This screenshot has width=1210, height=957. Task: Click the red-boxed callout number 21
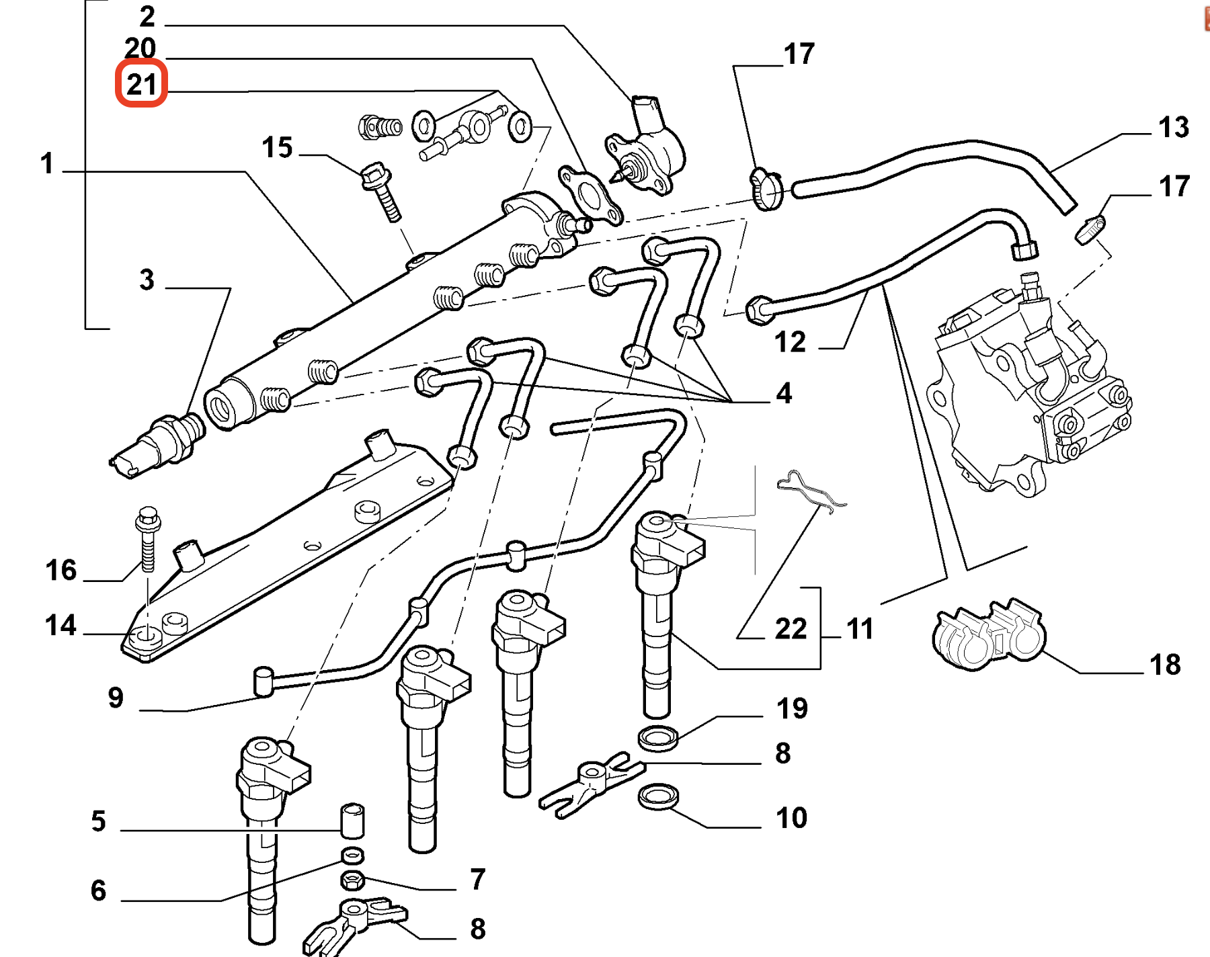click(x=141, y=85)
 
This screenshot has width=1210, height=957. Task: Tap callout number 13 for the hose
click(x=1173, y=127)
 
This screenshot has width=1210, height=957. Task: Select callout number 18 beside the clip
click(x=1165, y=665)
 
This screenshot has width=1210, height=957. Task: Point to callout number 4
click(x=784, y=393)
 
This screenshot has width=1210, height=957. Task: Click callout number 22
click(x=791, y=629)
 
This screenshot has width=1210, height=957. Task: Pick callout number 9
click(x=116, y=698)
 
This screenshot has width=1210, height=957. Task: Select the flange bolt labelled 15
click(x=380, y=191)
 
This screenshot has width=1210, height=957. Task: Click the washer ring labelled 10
click(x=657, y=796)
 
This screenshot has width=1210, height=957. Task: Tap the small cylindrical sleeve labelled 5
click(x=352, y=820)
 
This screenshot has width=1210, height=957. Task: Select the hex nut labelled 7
click(x=352, y=879)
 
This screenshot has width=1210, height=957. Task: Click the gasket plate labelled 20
click(x=592, y=195)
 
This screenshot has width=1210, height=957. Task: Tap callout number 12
click(x=790, y=342)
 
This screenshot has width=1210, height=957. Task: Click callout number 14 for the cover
click(x=61, y=626)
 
